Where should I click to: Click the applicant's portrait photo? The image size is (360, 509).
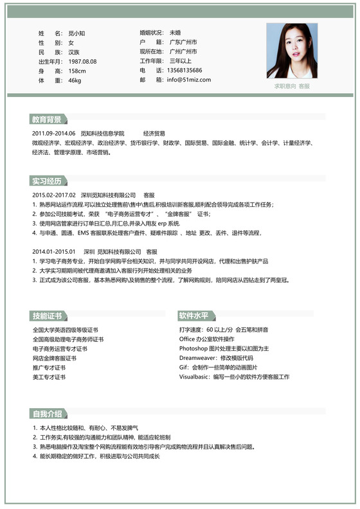(x=292, y=51)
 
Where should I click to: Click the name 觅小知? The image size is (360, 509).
(x=77, y=32)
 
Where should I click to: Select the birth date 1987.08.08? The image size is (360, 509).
(x=82, y=61)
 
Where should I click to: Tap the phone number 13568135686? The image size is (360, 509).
(x=184, y=70)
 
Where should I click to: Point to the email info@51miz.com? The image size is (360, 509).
(x=188, y=80)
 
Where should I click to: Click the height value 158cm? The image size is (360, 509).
(x=77, y=71)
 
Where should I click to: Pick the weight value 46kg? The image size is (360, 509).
(x=75, y=80)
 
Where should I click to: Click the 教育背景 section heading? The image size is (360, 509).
(x=47, y=120)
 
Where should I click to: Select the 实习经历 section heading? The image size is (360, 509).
(x=47, y=181)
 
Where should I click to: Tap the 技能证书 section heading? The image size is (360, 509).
(x=47, y=316)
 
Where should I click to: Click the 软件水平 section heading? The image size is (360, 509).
(x=194, y=316)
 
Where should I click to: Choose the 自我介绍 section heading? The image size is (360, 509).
(x=47, y=413)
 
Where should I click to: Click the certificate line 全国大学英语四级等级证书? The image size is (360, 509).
(x=65, y=330)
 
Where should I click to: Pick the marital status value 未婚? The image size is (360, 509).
(x=175, y=32)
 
